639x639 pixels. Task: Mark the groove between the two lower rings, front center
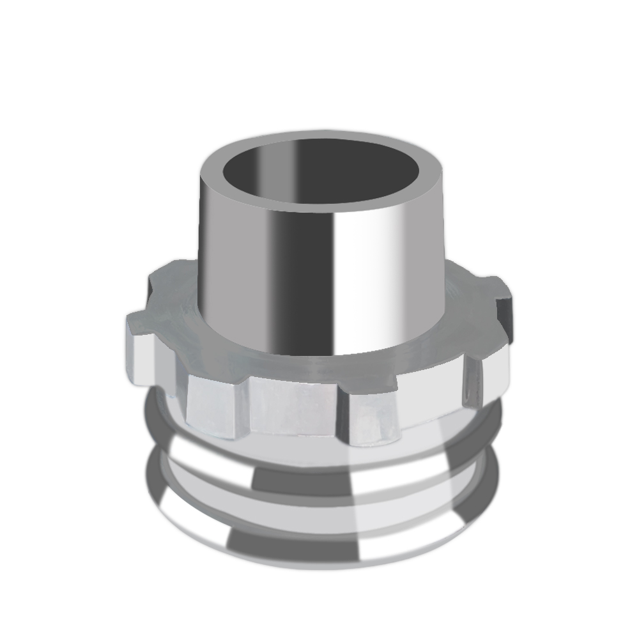307,505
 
